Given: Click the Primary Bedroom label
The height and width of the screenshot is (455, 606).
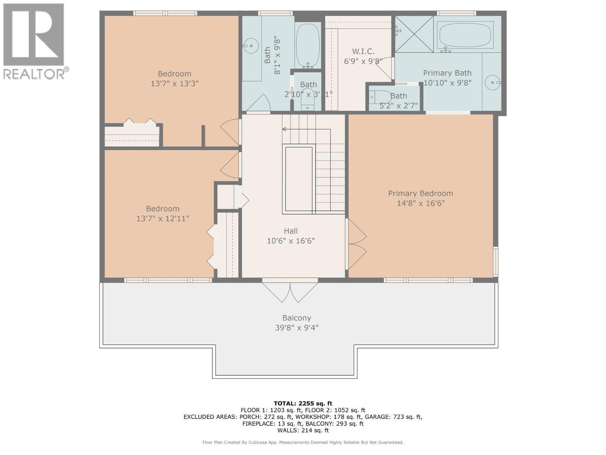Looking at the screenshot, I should coord(420,193).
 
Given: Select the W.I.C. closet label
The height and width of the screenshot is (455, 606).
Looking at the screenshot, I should coord(363,51).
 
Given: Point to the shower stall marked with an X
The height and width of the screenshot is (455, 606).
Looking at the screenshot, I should coord(414,34).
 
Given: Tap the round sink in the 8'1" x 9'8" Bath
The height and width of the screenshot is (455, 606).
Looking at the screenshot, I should coord(250,46).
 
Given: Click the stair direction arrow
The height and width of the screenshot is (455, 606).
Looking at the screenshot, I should coord(284,129).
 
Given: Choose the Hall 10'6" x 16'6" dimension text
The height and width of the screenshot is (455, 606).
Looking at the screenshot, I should coord(291,241).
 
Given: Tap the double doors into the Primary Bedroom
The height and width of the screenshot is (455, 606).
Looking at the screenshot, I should coord(357,245).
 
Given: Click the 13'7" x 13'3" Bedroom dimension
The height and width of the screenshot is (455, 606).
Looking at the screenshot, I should coord(175,83).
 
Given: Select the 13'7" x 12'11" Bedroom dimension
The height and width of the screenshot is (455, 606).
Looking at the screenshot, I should coord(162,218).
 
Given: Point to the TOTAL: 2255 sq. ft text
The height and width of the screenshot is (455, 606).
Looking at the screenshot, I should coord(303,403).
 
